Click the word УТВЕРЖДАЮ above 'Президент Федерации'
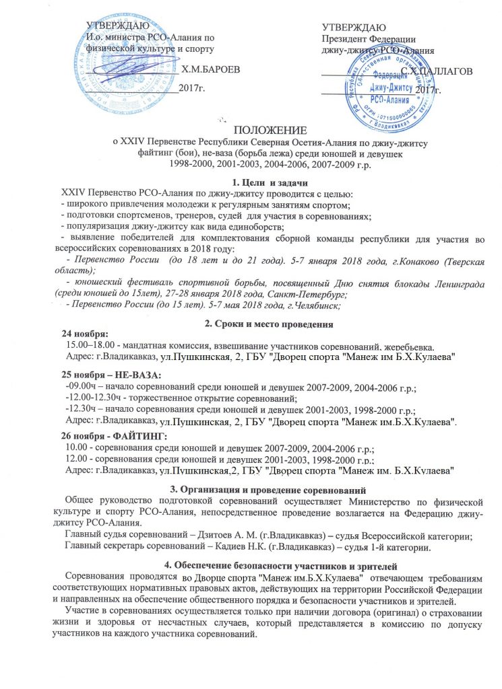coord(354,28)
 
